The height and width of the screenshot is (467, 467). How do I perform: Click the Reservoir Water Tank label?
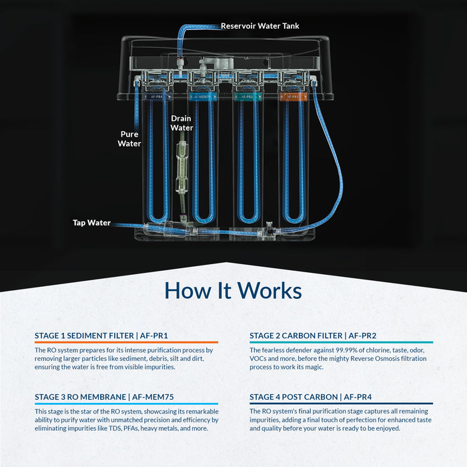(x=260, y=26)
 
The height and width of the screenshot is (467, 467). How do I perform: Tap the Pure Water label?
(x=129, y=138)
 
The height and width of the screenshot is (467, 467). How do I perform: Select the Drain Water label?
(x=181, y=123)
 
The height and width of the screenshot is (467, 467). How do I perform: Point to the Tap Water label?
(x=91, y=223)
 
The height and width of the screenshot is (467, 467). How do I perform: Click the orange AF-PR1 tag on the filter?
(x=290, y=96)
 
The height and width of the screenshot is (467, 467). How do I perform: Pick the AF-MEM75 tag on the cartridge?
(x=201, y=96)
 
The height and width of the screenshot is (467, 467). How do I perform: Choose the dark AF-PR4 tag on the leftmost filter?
(x=156, y=96)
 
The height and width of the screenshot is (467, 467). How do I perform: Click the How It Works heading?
(x=233, y=291)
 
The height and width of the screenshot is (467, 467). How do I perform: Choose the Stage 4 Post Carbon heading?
(x=312, y=397)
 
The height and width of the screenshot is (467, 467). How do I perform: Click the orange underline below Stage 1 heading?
(x=126, y=342)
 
